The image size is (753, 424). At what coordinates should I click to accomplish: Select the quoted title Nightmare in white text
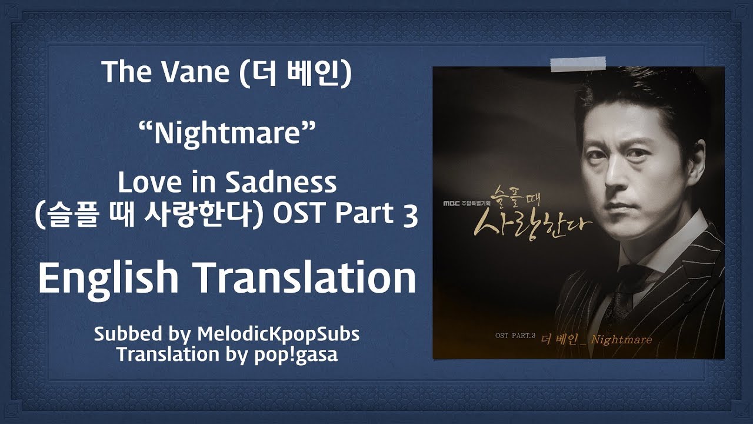tap(228, 133)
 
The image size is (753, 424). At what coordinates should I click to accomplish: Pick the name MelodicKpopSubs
tap(278, 334)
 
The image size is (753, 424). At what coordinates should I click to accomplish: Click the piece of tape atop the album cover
tap(578, 64)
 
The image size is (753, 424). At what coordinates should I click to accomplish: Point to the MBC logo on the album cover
tap(451, 203)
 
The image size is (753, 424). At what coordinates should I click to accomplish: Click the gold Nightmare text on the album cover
tap(621, 340)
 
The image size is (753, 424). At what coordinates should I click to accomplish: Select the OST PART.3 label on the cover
tap(515, 336)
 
